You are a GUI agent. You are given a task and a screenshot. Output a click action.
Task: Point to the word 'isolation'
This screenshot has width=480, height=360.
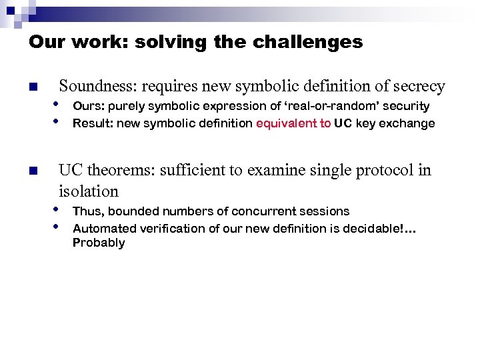(88, 191)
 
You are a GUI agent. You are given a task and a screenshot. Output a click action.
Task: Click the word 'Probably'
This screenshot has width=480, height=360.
(98, 243)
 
